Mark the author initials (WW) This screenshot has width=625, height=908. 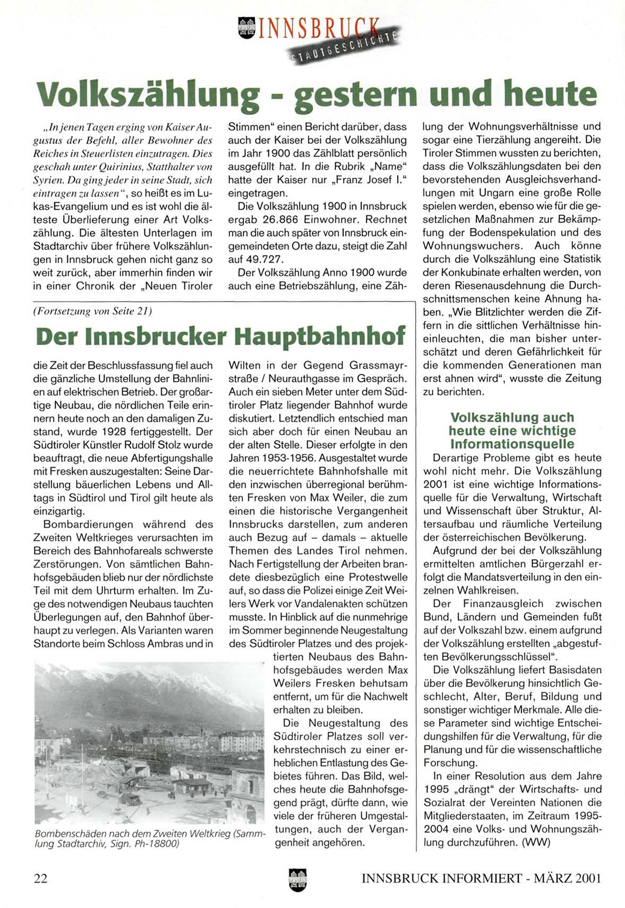(536, 843)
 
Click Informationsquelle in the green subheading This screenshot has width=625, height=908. (512, 443)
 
